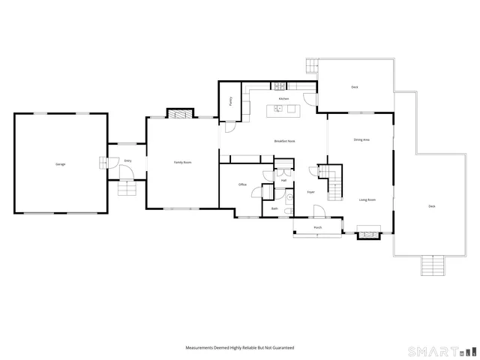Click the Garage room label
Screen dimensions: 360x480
pyautogui.click(x=60, y=163)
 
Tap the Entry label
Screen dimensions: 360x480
pyautogui.click(x=127, y=160)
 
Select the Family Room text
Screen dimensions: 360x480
pyautogui.click(x=183, y=162)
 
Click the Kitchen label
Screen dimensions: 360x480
pyautogui.click(x=283, y=99)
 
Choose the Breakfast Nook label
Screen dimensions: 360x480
pyautogui.click(x=283, y=140)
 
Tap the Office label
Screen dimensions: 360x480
pyautogui.click(x=242, y=184)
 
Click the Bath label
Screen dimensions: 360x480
pyautogui.click(x=274, y=208)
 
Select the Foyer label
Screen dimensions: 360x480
pyautogui.click(x=310, y=192)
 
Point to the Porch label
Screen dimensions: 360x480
pyautogui.click(x=318, y=226)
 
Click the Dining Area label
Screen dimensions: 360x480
pyautogui.click(x=361, y=139)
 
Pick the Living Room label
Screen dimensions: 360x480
pyautogui.click(x=367, y=199)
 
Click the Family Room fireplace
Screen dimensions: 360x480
pyautogui.click(x=178, y=114)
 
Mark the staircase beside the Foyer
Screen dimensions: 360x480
pyautogui.click(x=331, y=183)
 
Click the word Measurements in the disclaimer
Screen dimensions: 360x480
pyautogui.click(x=205, y=348)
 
